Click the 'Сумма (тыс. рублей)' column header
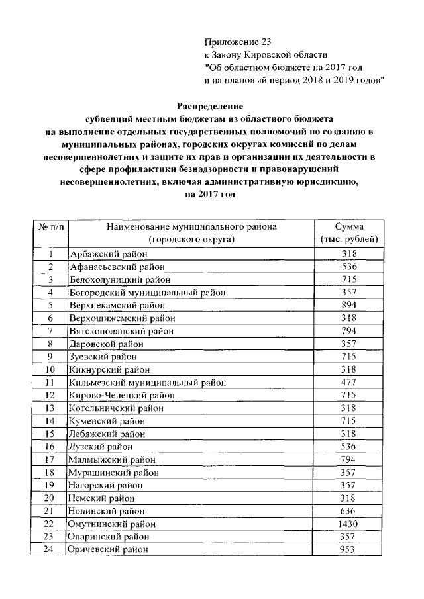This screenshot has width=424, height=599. pos(348,232)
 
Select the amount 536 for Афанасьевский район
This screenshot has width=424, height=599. pos(348,267)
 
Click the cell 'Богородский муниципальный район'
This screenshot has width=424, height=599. pos(147,292)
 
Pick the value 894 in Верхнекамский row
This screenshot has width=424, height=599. pos(348,305)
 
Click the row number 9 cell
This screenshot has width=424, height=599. pos(50,356)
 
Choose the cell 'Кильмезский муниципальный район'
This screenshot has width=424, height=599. pos(147,382)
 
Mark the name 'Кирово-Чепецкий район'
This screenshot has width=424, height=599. pos(118,395)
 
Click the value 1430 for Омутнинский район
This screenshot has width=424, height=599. pos(348,524)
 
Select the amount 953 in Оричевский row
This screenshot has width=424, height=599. pos(348,549)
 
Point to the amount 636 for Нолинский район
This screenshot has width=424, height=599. pos(348,511)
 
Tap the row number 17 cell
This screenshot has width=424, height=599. pos(50,459)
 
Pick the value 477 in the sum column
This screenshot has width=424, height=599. pos(348,382)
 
